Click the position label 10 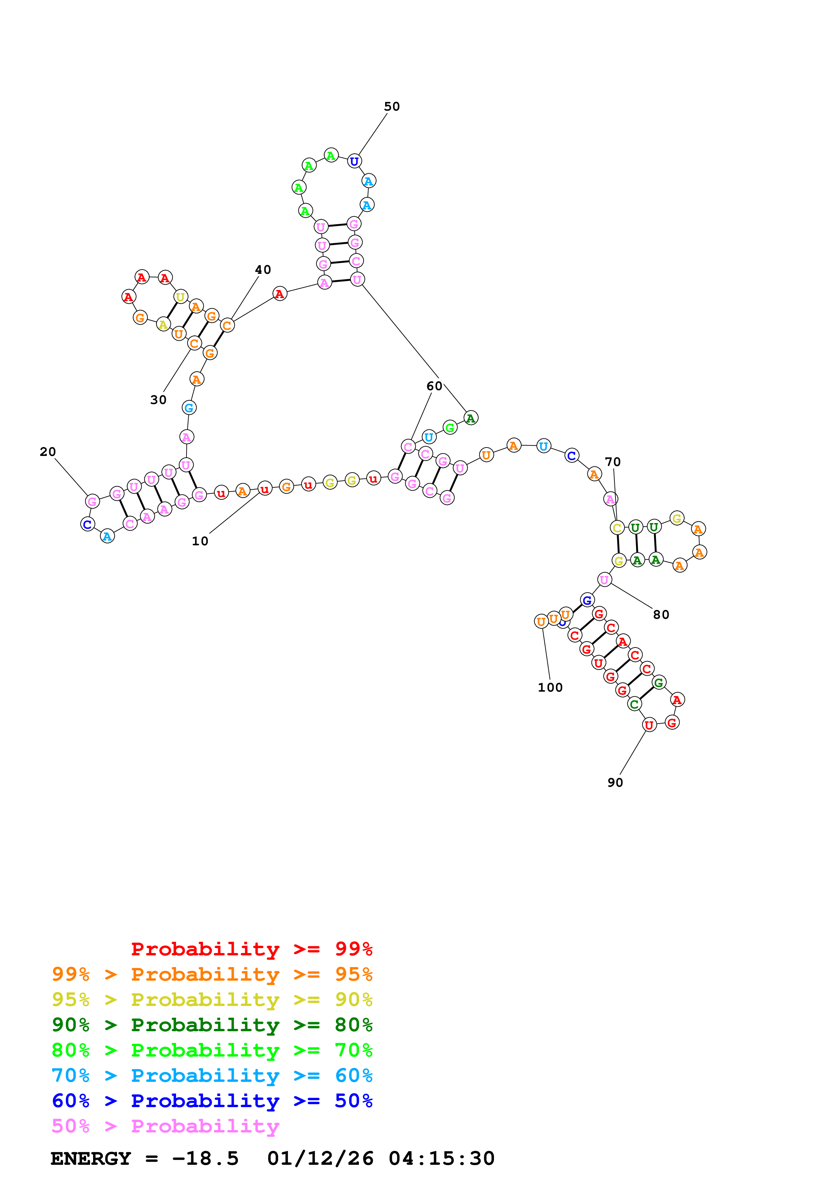coord(200,541)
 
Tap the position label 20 coord(48,452)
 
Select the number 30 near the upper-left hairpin coord(158,400)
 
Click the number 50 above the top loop coord(392,107)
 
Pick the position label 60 coord(434,386)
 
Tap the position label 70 coord(612,462)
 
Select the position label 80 coord(661,615)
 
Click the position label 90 coord(615,783)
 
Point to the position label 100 coord(550,687)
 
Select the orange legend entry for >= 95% coord(212,974)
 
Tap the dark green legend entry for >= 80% coord(212,1025)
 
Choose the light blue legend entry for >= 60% coord(212,1075)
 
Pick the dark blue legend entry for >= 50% coord(212,1101)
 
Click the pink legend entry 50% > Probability coord(165,1126)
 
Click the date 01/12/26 coord(320,1158)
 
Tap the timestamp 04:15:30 coord(441,1158)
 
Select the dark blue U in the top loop coord(354,161)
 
